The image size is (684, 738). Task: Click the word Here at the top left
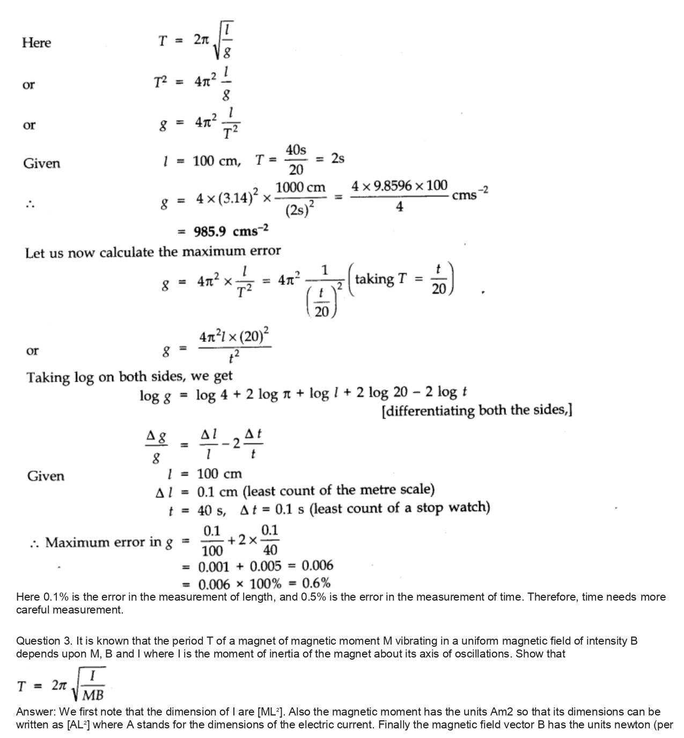click(x=36, y=42)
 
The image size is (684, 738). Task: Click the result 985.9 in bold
click(x=210, y=231)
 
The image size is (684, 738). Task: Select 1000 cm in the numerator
click(x=300, y=188)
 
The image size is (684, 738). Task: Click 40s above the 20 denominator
click(x=296, y=150)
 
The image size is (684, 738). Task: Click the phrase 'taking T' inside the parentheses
click(x=382, y=279)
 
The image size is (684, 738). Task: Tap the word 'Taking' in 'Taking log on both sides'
click(x=48, y=377)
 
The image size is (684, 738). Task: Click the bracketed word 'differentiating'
click(x=430, y=411)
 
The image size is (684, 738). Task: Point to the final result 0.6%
click(x=316, y=583)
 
